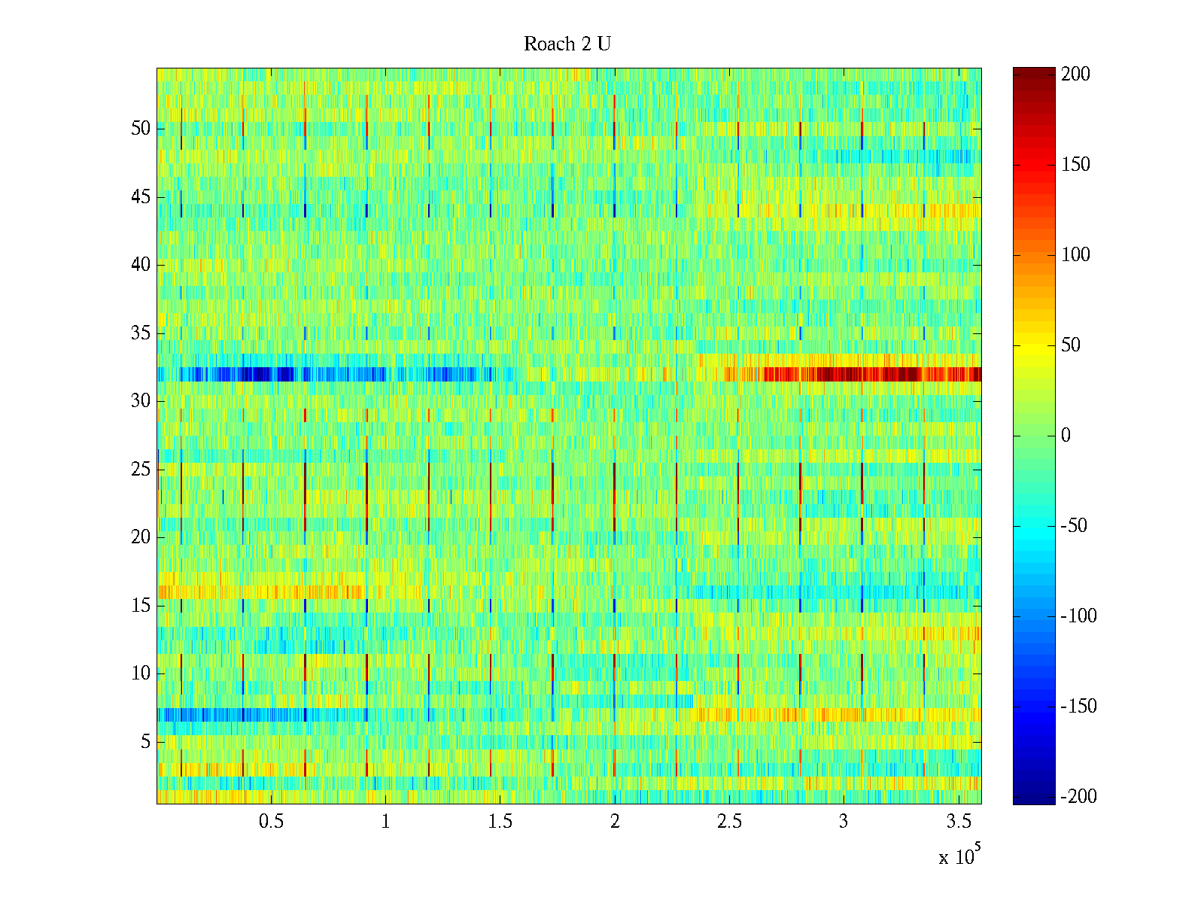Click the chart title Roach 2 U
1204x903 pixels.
[x=567, y=44]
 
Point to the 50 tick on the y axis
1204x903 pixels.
[x=141, y=129]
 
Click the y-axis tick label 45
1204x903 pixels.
[x=141, y=197]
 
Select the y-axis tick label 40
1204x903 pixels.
[x=141, y=265]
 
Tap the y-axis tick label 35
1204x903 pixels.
[x=141, y=333]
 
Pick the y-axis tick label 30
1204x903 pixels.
[x=141, y=401]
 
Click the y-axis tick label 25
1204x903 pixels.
[x=141, y=470]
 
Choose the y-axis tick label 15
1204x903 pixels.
[x=141, y=606]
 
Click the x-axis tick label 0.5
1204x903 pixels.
[x=271, y=822]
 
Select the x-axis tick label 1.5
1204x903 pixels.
[x=500, y=822]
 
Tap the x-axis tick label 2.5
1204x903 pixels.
[x=729, y=822]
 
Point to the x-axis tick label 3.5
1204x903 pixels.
[x=959, y=822]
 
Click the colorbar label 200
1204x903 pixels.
[x=1075, y=74]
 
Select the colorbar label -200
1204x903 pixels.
[x=1078, y=797]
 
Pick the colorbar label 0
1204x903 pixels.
[x=1066, y=436]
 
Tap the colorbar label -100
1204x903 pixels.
[x=1078, y=616]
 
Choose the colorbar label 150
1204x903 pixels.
[x=1075, y=165]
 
